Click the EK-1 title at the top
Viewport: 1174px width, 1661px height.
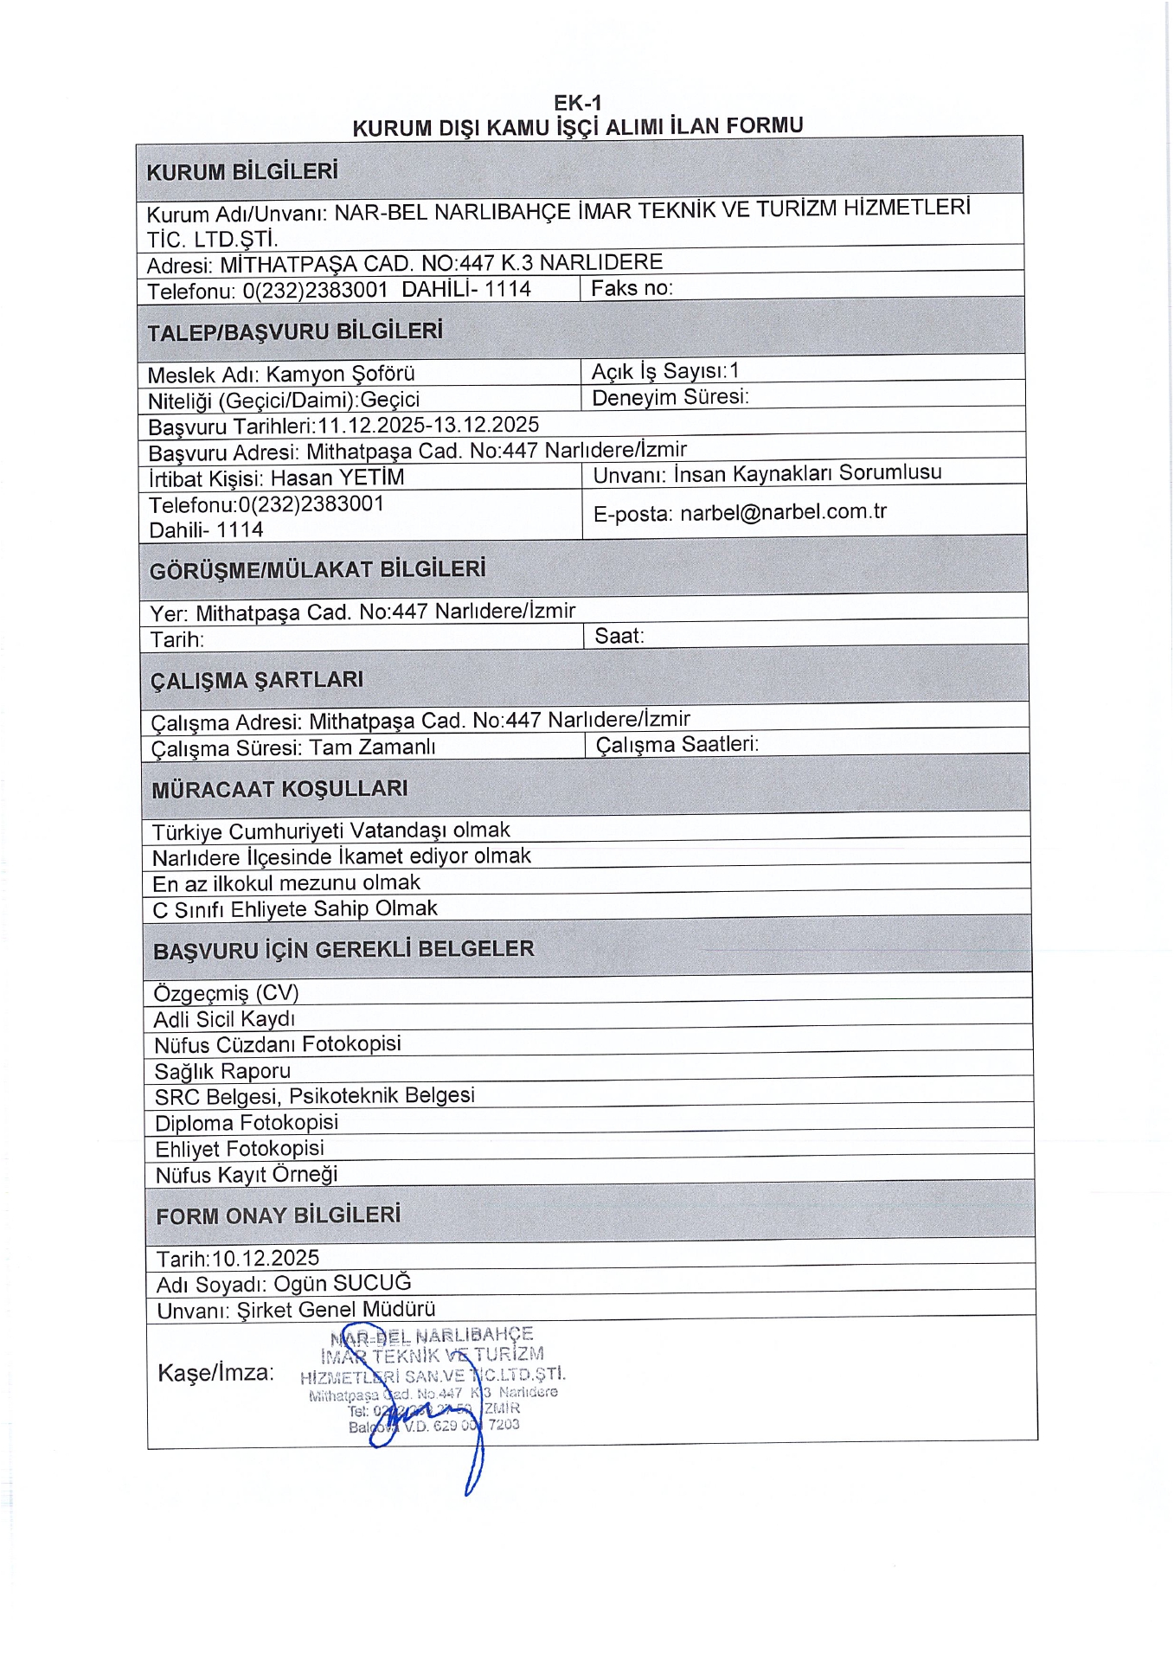(x=578, y=103)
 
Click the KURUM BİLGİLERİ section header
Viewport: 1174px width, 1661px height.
(x=242, y=171)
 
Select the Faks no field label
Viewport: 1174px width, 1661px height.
(x=632, y=288)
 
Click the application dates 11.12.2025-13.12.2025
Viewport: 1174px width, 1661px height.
(x=428, y=425)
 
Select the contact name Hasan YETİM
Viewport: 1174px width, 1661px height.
(x=337, y=478)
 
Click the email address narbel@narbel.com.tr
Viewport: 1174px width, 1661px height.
(x=783, y=512)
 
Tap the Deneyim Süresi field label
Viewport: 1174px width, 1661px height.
(x=670, y=397)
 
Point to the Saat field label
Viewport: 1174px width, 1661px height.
(x=619, y=636)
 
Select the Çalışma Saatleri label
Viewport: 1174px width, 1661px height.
(x=677, y=745)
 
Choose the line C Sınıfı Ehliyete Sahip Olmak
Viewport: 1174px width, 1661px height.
(x=295, y=909)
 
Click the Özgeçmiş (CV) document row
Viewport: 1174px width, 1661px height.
(x=226, y=992)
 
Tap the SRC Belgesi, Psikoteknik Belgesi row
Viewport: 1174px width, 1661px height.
(x=314, y=1096)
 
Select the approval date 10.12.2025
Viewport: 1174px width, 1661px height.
(x=266, y=1258)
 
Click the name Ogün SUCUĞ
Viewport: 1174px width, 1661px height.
(x=343, y=1284)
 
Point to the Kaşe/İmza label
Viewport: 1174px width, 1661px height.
(x=215, y=1373)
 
